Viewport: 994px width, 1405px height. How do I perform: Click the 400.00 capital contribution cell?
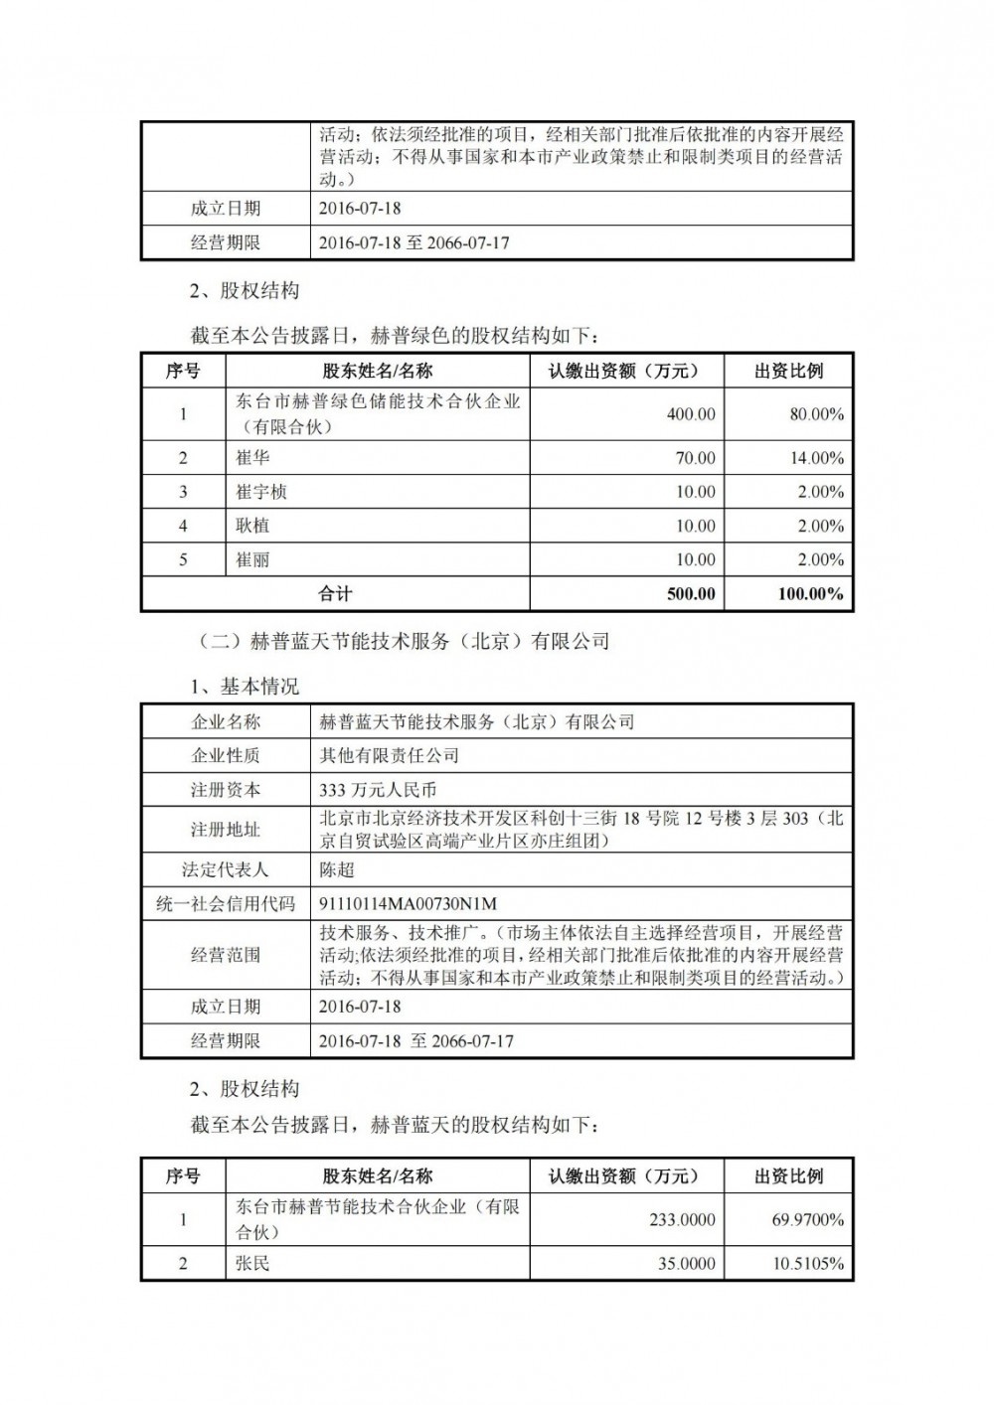click(x=690, y=414)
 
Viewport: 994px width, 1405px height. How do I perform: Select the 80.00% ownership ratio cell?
click(x=816, y=414)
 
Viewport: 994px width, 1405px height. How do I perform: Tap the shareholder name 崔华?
click(x=252, y=458)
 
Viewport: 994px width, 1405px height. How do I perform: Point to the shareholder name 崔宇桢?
click(x=261, y=492)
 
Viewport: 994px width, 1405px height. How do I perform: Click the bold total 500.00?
click(x=690, y=594)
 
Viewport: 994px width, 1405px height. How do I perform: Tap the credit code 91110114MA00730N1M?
click(x=408, y=903)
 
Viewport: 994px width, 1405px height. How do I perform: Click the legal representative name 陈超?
click(x=337, y=869)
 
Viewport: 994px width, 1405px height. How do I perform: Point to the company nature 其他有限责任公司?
click(x=389, y=755)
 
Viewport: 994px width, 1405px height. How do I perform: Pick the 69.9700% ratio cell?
click(x=808, y=1219)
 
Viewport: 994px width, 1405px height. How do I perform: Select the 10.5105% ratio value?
click(x=808, y=1264)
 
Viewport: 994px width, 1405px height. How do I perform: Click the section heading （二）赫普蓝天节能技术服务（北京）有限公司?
click(x=405, y=642)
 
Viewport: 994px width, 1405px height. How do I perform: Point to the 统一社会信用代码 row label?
click(x=226, y=903)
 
